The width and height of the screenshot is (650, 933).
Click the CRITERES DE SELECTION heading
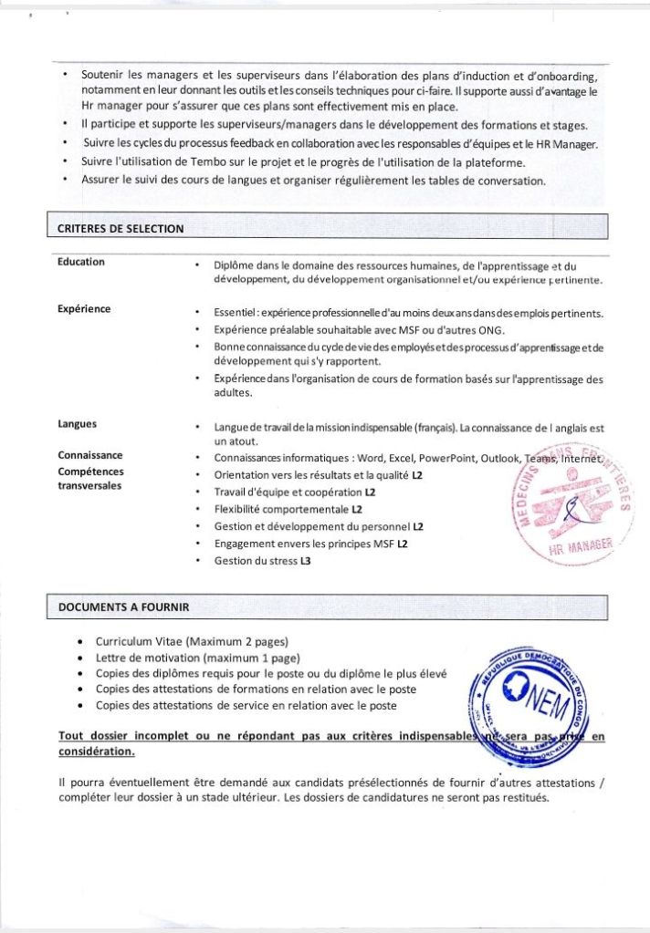click(121, 229)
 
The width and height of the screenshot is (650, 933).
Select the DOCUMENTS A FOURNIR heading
click(124, 606)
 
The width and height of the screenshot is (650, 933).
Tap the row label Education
click(81, 262)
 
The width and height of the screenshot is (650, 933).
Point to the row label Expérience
click(84, 308)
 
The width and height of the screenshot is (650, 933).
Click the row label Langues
click(78, 424)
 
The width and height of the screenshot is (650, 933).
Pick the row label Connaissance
click(90, 455)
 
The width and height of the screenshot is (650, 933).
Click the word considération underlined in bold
click(97, 752)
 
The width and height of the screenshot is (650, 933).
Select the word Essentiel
click(236, 313)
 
